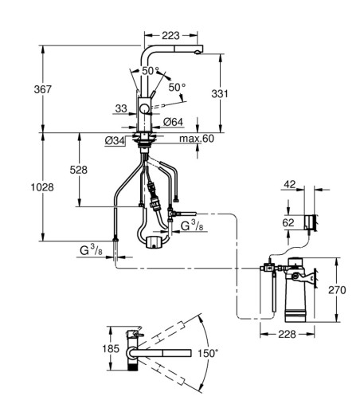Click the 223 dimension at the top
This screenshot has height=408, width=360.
(170, 35)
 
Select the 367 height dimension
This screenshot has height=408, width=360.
(42, 89)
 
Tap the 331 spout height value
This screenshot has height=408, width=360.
(220, 93)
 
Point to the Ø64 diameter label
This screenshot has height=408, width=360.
(173, 122)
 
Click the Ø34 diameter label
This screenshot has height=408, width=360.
(115, 141)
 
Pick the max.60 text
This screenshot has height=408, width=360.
(197, 139)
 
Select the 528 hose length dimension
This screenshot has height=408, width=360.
(79, 170)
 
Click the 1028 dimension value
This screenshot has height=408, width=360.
(42, 187)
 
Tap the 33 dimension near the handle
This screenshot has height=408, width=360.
(121, 108)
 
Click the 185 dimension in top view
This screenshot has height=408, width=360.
(111, 348)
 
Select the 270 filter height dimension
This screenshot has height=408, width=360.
(337, 290)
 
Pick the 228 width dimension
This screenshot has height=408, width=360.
(287, 334)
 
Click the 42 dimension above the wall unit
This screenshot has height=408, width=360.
(290, 184)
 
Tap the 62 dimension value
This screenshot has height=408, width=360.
(288, 222)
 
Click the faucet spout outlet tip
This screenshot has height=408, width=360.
(198, 53)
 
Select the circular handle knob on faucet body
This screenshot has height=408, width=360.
(145, 109)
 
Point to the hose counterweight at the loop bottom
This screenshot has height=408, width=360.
(155, 241)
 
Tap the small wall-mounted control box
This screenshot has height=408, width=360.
(311, 222)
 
